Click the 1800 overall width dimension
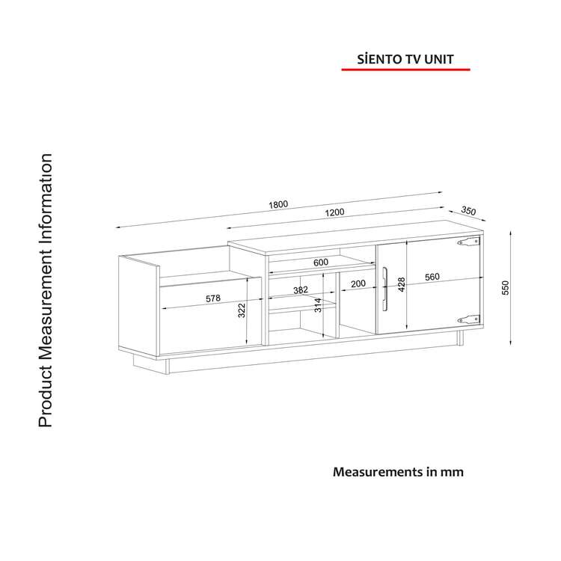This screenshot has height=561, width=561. coord(278,204)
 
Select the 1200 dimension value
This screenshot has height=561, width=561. coord(334,212)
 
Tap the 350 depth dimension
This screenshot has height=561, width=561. coord(468,211)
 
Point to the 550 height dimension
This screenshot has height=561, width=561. coord(505,288)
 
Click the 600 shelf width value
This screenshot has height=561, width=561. coord(321,263)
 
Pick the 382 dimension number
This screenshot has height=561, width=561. coord(301,289)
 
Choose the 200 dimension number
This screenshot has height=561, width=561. coord(358,283)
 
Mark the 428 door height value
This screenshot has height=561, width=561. coord(402,284)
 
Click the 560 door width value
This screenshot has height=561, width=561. coord(432,277)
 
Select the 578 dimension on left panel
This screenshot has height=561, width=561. coord(213,298)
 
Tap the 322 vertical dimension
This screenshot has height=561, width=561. coord(242,310)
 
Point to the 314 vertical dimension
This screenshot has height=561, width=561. coord(318,305)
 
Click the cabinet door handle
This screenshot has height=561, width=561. coord(385,289)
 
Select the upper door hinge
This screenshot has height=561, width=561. coord(469,242)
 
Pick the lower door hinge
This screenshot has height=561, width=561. coord(469,319)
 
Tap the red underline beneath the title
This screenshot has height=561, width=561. coord(405,70)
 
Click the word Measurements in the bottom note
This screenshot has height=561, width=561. coord(378,472)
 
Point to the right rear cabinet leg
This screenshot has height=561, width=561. coord(460,338)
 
